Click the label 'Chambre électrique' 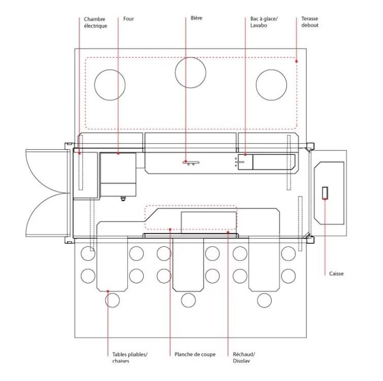(x=95, y=22)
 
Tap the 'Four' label (x=129, y=19)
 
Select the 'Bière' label (x=196, y=18)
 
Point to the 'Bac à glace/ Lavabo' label (x=263, y=22)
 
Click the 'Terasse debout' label (x=309, y=22)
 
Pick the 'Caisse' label (x=336, y=274)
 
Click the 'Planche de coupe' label (x=195, y=355)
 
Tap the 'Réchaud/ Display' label (x=244, y=358)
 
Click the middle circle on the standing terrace (x=190, y=73)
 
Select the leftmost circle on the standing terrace (x=110, y=84)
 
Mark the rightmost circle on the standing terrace (x=271, y=84)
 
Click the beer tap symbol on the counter (x=191, y=163)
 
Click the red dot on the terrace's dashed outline (x=297, y=61)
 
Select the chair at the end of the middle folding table (x=188, y=300)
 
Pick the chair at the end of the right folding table (x=264, y=300)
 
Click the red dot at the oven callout (x=118, y=153)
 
